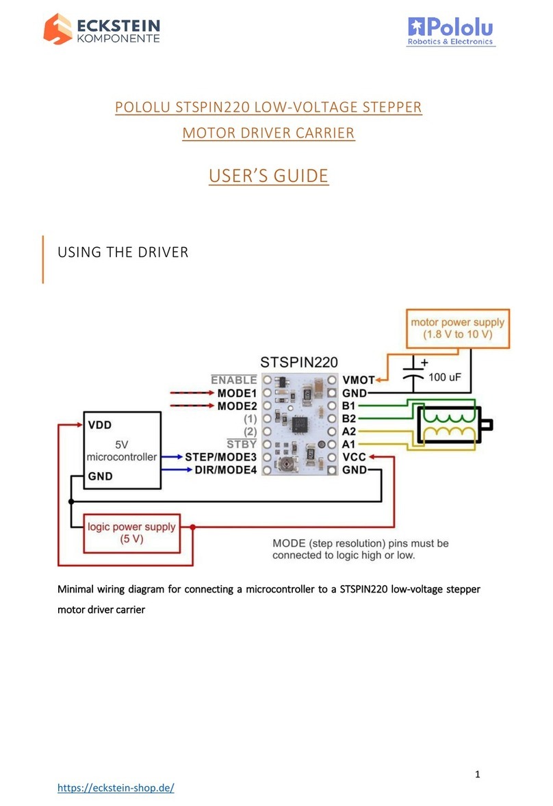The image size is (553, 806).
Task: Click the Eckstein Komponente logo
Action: pos(102,29)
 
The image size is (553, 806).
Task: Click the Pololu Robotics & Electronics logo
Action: pos(451,31)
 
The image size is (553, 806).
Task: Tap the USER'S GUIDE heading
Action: pos(268,176)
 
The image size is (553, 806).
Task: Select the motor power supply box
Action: pos(457,328)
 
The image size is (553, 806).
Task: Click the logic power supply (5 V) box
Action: pos(131,533)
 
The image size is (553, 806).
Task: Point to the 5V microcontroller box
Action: pos(123,450)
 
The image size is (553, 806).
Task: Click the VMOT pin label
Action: pos(359,380)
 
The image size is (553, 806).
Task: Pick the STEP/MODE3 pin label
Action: pos(220,457)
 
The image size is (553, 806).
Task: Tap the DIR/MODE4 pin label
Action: pos(226,470)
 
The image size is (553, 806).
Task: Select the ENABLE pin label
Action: pos(234,379)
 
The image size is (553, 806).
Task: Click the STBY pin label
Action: pos(242,444)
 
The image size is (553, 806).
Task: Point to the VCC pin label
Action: pos(354,457)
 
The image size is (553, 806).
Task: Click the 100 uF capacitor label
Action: pos(445,377)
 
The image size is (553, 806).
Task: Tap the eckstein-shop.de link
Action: pos(116,788)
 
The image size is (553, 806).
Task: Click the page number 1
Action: pos(478,774)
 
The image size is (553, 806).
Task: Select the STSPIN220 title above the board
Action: pos(298,363)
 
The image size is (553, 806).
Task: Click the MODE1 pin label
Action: pos(237,393)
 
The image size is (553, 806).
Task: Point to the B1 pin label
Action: pos(348,406)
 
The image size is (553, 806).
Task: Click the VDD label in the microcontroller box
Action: pos(100,425)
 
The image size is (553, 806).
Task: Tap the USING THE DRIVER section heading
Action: pos(123,252)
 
